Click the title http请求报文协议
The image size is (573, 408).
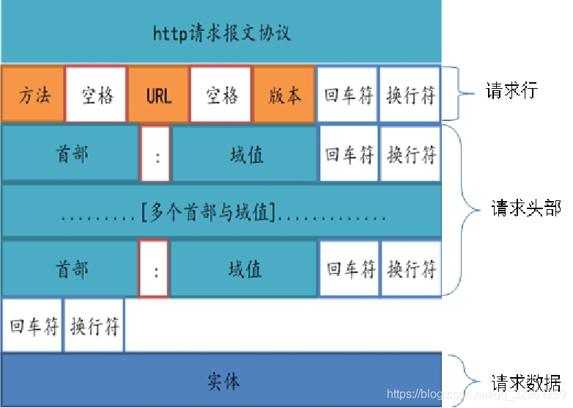click(221, 32)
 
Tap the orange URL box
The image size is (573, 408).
click(158, 95)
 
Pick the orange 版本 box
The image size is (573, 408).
click(284, 95)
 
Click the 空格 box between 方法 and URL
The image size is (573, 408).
click(96, 95)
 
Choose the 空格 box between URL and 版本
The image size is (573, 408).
click(221, 95)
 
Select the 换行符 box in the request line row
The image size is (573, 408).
click(410, 95)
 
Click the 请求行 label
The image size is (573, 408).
click(511, 91)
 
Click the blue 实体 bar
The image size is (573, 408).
click(221, 380)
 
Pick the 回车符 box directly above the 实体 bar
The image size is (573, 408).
click(33, 325)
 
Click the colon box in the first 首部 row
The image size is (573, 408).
click(155, 156)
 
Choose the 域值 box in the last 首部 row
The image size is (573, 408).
click(245, 269)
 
